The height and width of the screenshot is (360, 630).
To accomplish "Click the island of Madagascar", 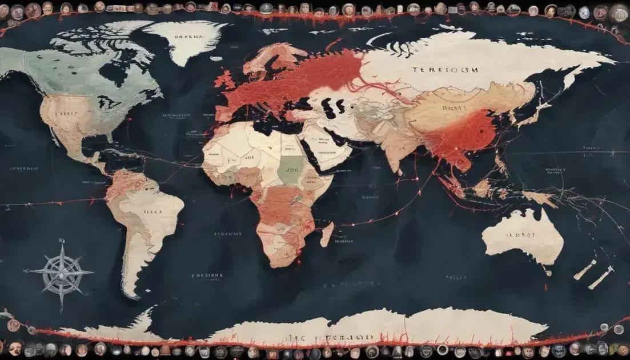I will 327,234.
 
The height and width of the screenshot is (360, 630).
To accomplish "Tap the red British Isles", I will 224,79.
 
